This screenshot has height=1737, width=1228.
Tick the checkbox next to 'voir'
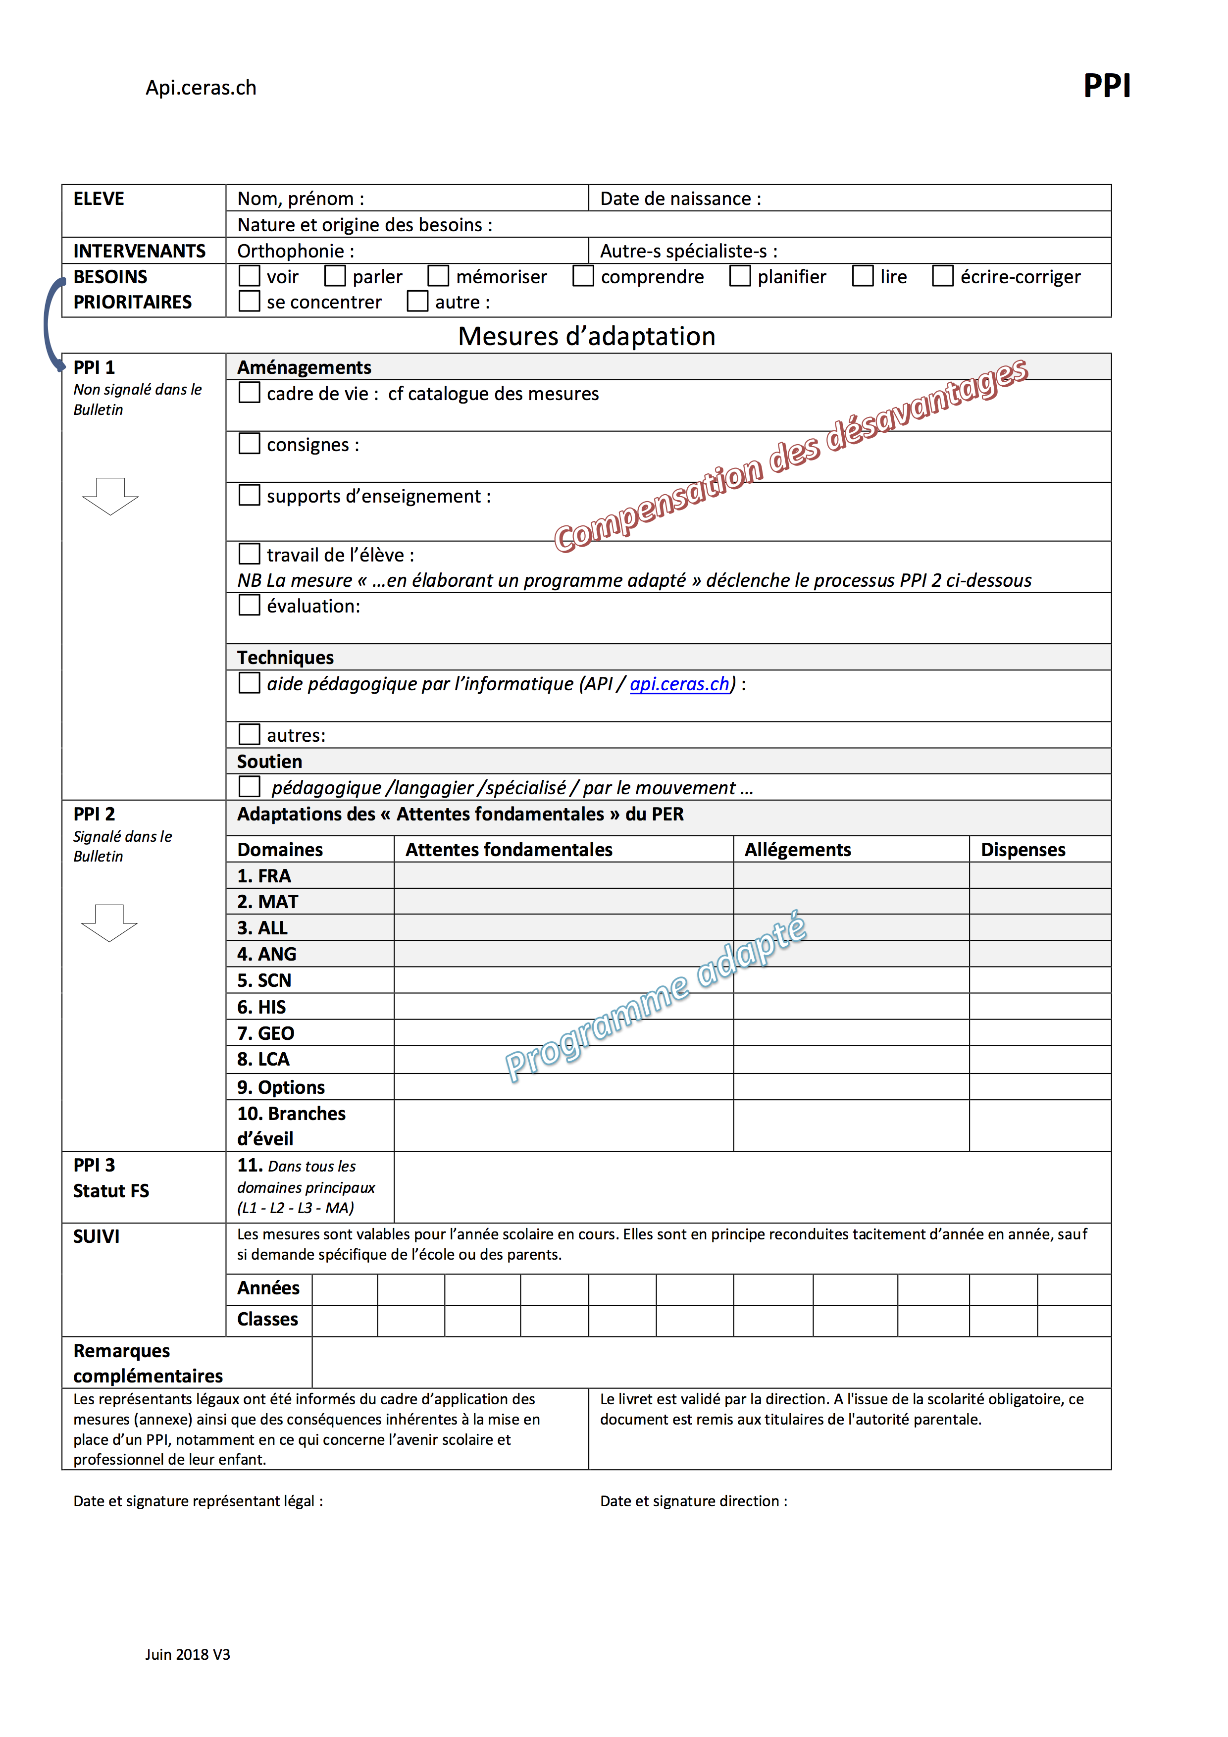click(x=249, y=276)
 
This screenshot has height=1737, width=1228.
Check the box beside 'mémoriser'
click(x=438, y=276)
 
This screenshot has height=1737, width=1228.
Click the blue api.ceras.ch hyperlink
click(x=679, y=684)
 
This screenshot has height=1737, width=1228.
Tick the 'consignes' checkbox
click(x=249, y=444)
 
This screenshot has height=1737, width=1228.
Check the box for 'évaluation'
click(x=249, y=605)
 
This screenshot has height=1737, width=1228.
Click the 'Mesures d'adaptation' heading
click(x=586, y=336)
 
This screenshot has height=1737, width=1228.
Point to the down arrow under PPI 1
click(x=110, y=496)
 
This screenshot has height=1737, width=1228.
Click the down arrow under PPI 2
click(x=110, y=922)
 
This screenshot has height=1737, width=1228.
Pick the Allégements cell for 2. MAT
click(x=851, y=901)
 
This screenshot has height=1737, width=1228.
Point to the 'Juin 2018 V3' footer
click(x=188, y=1654)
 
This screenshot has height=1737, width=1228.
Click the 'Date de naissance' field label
click(x=680, y=198)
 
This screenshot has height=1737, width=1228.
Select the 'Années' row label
click(x=268, y=1287)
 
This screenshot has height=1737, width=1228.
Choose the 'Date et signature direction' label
click(x=693, y=1501)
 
